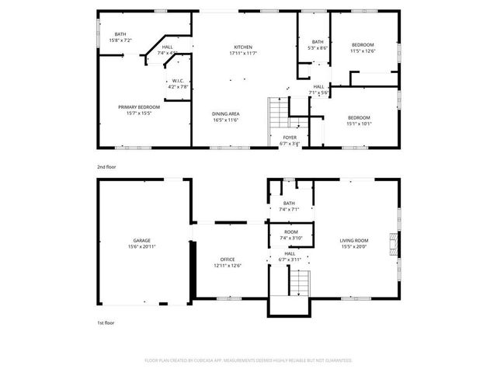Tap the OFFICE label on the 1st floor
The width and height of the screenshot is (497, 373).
[227, 260]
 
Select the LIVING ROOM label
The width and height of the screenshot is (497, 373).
[353, 241]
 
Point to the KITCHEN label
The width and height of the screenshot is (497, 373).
[244, 47]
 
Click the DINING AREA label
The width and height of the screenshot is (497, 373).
[226, 114]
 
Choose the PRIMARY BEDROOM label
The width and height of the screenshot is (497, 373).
[138, 106]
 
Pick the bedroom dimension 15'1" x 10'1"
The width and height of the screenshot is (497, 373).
[358, 123]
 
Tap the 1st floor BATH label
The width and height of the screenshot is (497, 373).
[289, 204]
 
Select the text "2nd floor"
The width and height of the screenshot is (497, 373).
[108, 166]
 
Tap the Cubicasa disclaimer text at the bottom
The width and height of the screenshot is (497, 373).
[248, 361]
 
